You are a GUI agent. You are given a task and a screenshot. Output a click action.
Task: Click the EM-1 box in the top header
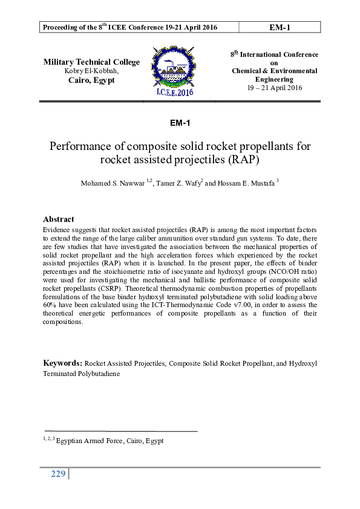pos(280,27)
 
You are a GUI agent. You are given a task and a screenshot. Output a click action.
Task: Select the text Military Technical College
pos(91,62)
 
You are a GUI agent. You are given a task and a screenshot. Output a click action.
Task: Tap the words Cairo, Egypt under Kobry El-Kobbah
pos(91,80)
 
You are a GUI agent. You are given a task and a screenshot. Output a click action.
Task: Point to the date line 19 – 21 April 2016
pos(274,88)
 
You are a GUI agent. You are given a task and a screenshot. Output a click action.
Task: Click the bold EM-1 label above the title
pos(180,123)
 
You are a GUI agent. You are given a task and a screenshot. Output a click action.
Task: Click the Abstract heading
pos(58,219)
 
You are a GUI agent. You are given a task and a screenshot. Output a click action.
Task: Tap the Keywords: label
pos(62,363)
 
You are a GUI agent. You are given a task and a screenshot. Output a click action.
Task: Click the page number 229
pos(57,474)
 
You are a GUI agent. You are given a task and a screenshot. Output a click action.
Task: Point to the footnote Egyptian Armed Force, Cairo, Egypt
pos(109,441)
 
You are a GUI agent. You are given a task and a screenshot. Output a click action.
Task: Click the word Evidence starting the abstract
pos(56,230)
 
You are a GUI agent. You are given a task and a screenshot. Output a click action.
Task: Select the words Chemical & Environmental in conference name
pos(274,71)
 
